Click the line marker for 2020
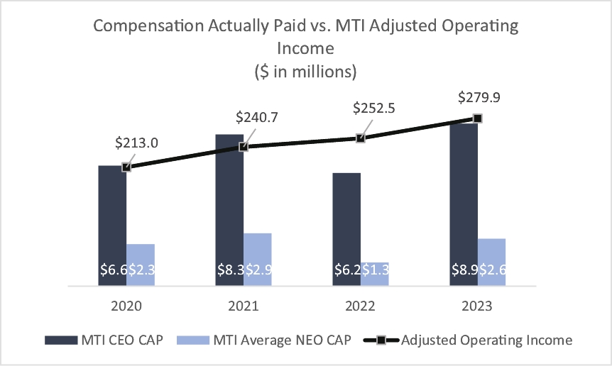[126, 167]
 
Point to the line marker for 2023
[478, 118]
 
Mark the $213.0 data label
[136, 143]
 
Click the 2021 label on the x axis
[244, 306]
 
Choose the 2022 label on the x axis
[361, 306]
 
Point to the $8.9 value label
[464, 270]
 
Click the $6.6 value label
[112, 270]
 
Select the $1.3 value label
[375, 270]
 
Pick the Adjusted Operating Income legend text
[486, 340]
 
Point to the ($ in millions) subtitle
[305, 72]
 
